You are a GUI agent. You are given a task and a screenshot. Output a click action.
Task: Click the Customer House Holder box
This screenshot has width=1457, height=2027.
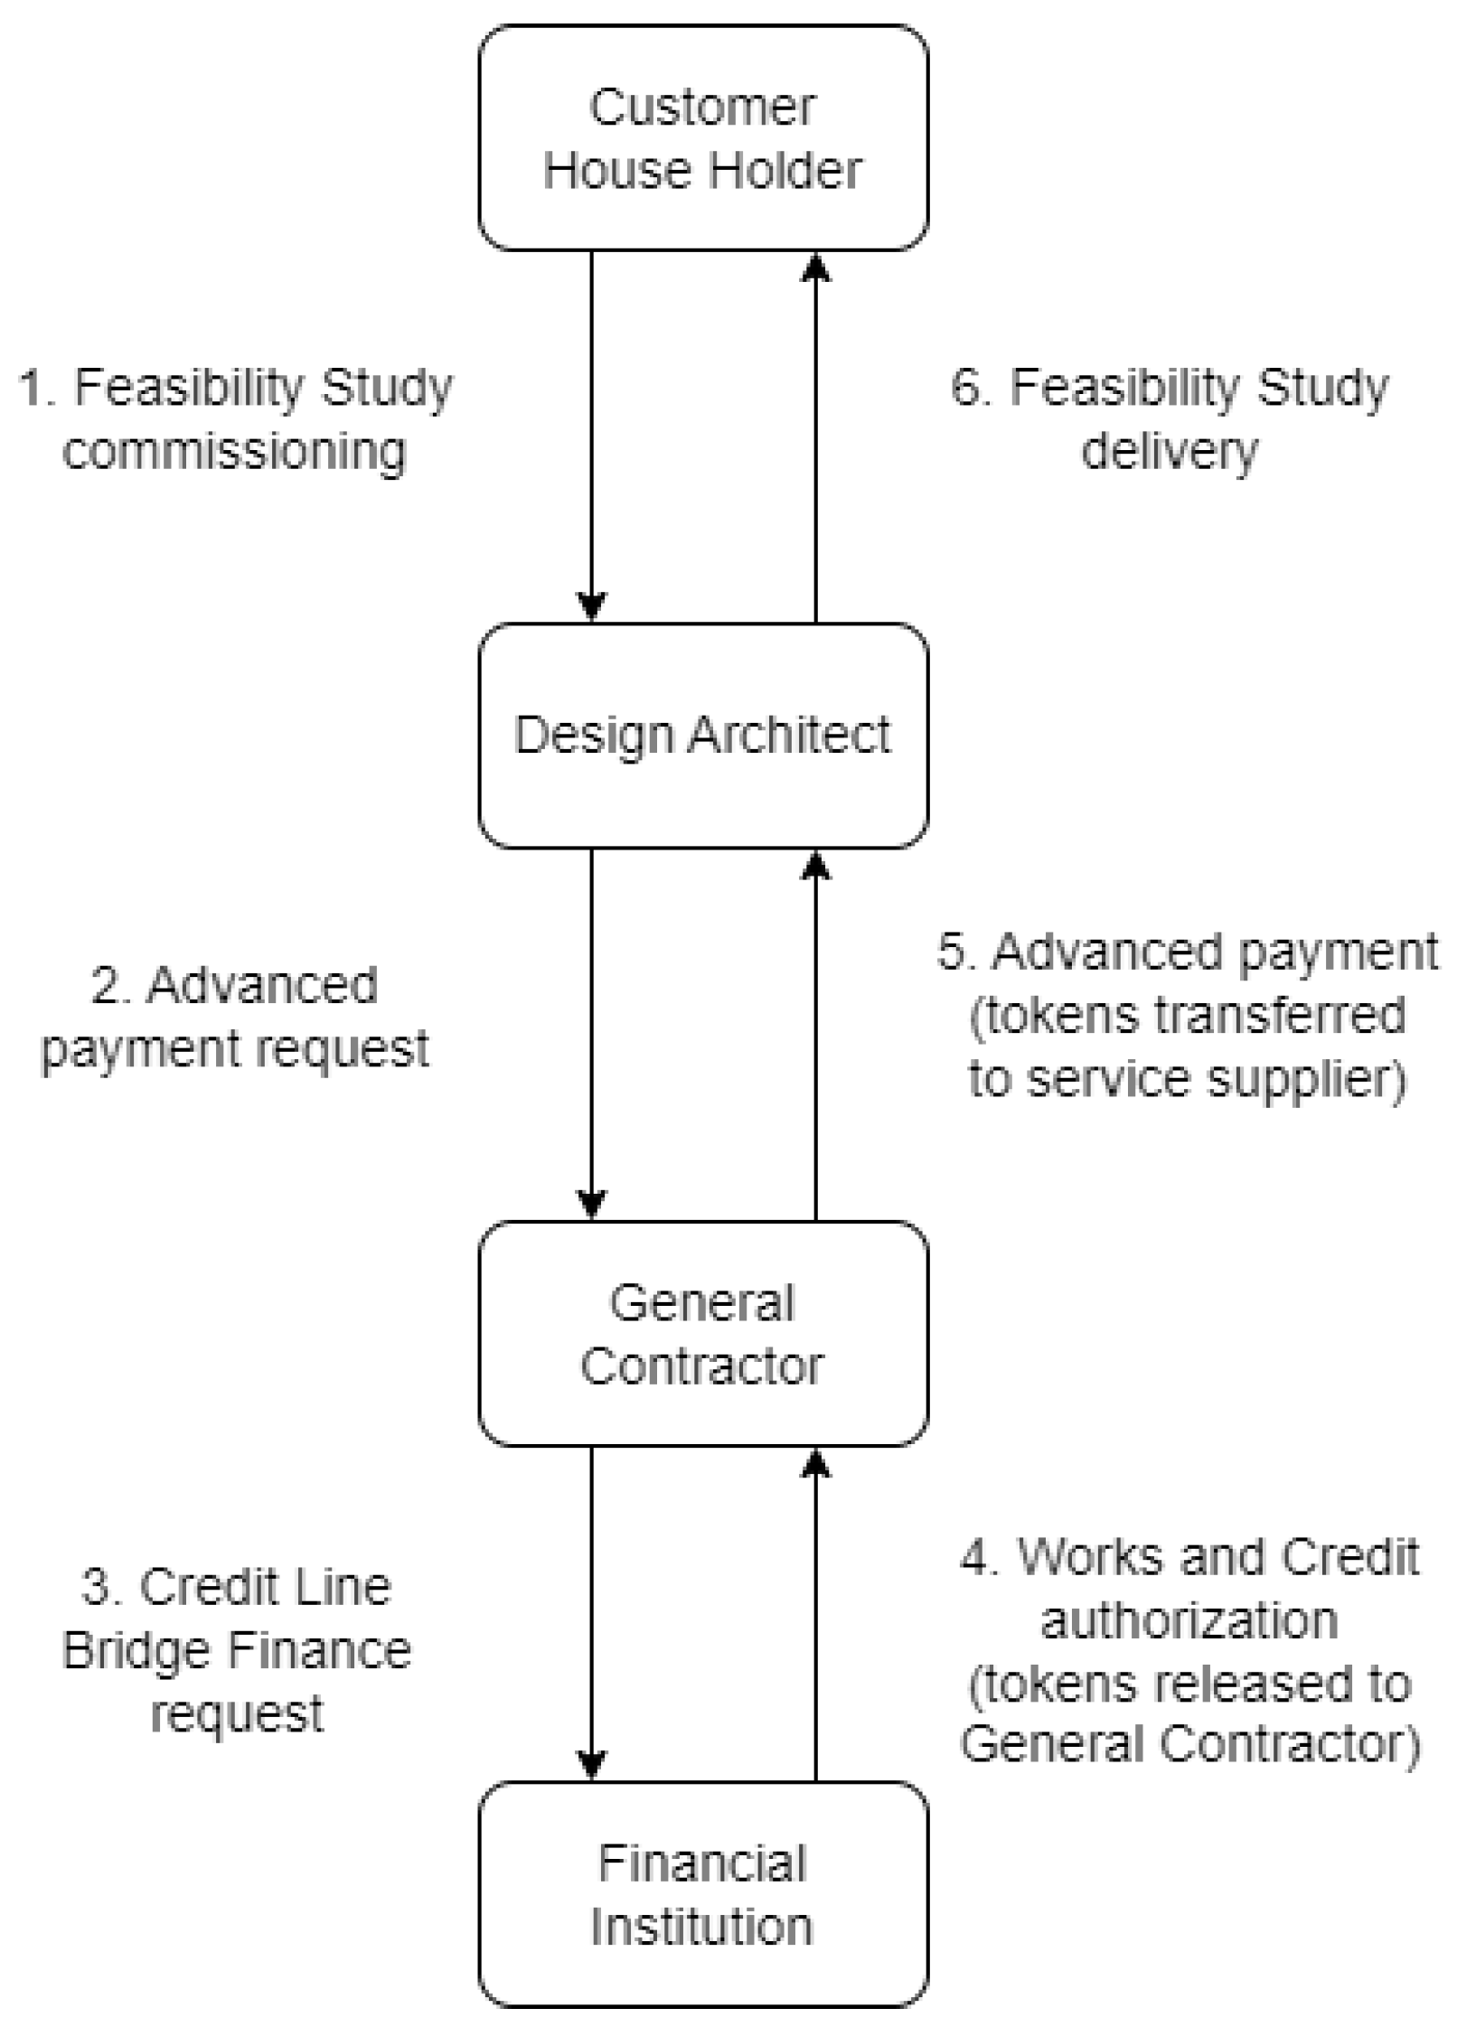[x=702, y=137]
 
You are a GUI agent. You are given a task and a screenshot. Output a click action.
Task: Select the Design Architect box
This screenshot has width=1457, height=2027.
[x=702, y=735]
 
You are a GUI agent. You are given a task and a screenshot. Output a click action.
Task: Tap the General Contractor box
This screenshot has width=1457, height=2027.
[x=702, y=1333]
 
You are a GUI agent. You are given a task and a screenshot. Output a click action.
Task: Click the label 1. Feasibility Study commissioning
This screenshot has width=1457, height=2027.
[x=235, y=419]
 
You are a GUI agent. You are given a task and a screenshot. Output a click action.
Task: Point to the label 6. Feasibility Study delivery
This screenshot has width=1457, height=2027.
[x=1170, y=419]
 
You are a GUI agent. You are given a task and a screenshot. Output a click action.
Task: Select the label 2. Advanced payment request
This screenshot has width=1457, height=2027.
[x=235, y=1017]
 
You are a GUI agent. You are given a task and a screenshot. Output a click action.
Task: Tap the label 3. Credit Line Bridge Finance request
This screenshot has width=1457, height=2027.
[x=237, y=1650]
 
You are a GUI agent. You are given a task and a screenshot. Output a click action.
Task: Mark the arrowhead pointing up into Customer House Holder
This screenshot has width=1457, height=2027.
[x=816, y=267]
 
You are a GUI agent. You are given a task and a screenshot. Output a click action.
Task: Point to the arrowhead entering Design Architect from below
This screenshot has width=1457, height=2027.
[x=816, y=865]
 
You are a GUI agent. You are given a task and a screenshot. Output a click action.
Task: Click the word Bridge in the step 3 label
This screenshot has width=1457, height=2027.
[x=137, y=1650]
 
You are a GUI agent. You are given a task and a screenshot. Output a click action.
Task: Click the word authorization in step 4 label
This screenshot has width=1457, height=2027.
[x=1189, y=1619]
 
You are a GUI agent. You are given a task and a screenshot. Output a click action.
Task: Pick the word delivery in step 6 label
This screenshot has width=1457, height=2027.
[x=1170, y=451]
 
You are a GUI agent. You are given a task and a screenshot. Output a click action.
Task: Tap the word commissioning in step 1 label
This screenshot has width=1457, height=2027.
[x=235, y=451]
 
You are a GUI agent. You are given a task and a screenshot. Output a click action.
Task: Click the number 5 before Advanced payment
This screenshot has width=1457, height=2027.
[x=953, y=951]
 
